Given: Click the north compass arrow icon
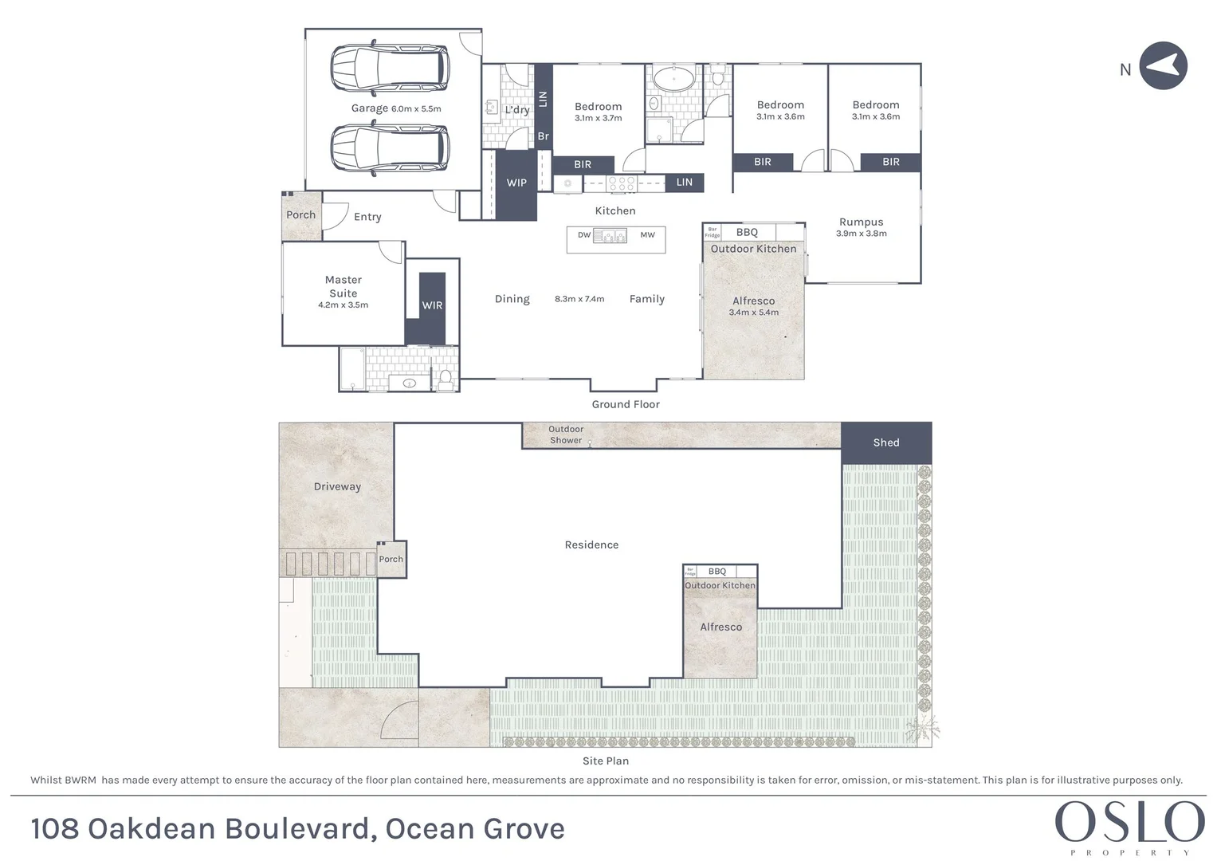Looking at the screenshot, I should pyautogui.click(x=1163, y=66).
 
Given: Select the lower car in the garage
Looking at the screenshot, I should pyautogui.click(x=389, y=149).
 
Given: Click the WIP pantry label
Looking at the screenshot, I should pyautogui.click(x=516, y=183).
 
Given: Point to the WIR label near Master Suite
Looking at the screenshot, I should pyautogui.click(x=432, y=305).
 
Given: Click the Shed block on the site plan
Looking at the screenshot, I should pyautogui.click(x=885, y=442).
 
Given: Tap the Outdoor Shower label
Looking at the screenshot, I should pyautogui.click(x=566, y=434).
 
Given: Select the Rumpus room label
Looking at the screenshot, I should pyautogui.click(x=861, y=222).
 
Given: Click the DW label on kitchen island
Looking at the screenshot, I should pyautogui.click(x=584, y=235).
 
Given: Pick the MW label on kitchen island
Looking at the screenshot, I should pyautogui.click(x=647, y=235).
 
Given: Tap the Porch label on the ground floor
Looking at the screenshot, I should pyautogui.click(x=301, y=215).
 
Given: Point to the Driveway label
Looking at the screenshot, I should pyautogui.click(x=337, y=486).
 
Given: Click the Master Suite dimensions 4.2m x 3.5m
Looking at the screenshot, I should pyautogui.click(x=343, y=305).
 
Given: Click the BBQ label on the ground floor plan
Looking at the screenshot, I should pyautogui.click(x=747, y=232).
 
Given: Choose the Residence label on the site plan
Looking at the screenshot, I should pyautogui.click(x=591, y=545).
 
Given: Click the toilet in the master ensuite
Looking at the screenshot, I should pyautogui.click(x=446, y=377).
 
